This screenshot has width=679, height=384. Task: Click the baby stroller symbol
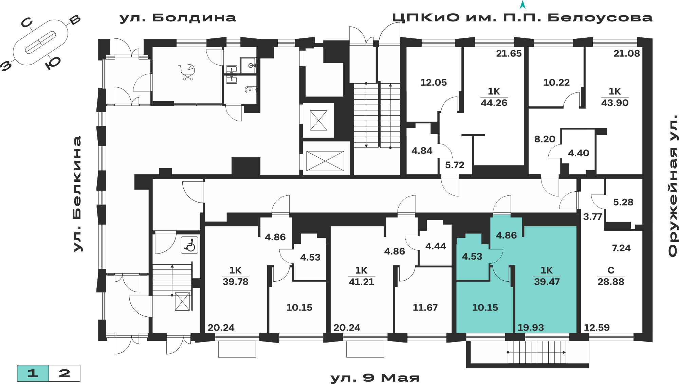point(187,72)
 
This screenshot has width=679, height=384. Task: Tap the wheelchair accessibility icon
point(190,245)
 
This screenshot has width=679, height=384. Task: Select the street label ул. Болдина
point(178,18)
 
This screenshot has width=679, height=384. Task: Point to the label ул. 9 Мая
point(375,378)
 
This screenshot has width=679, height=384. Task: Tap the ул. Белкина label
point(77,194)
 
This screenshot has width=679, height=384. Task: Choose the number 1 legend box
point(33,373)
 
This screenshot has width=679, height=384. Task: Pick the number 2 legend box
point(65,373)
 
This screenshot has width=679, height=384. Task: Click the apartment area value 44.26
point(494,103)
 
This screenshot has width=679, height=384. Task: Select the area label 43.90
point(615,103)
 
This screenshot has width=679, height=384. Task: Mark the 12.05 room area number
point(434,82)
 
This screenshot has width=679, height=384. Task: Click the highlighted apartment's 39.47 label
point(547,281)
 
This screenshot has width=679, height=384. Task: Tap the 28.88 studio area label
point(611,281)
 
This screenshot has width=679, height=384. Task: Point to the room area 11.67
point(425,307)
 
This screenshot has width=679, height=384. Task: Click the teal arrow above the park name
point(523,4)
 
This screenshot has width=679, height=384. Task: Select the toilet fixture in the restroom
point(250,90)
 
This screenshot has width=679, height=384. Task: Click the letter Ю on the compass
point(53,63)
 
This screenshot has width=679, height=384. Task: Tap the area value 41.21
point(361,281)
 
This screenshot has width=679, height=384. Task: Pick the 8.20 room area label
point(545,139)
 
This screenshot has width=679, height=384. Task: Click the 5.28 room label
point(623,202)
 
